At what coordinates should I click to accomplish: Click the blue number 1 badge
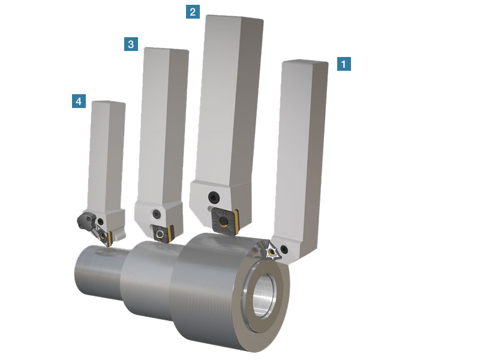click(344, 64)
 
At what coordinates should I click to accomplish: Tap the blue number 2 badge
click(193, 12)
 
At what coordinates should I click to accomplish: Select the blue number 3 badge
click(131, 44)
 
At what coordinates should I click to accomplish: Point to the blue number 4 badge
click(79, 101)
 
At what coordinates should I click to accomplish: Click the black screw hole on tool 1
click(284, 248)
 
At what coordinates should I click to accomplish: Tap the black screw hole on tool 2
click(214, 197)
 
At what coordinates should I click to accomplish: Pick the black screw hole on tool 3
click(157, 214)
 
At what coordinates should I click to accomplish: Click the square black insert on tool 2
click(224, 221)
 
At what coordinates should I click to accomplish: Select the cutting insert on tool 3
click(163, 233)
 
